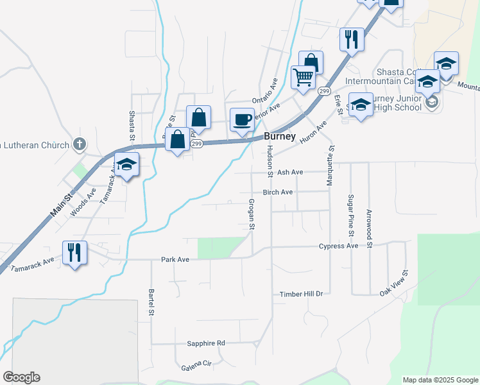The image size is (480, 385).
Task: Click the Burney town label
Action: click(x=280, y=137)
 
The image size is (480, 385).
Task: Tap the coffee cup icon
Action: click(x=242, y=120)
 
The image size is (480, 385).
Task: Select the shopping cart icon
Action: click(x=303, y=77)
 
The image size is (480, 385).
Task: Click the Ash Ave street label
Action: click(x=289, y=173)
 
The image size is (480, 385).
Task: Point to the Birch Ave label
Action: click(x=277, y=192)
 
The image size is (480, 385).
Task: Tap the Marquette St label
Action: click(x=331, y=165)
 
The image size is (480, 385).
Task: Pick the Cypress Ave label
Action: click(x=338, y=246)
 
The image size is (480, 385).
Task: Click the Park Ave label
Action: click(x=175, y=260)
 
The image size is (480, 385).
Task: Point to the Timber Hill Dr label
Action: click(x=300, y=294)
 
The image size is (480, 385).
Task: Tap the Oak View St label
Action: click(x=394, y=283)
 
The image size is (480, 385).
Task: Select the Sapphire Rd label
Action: click(x=206, y=343)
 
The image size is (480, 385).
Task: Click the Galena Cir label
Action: click(x=196, y=363)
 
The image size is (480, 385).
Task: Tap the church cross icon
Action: click(x=80, y=143)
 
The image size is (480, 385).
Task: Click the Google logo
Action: click(x=21, y=377)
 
